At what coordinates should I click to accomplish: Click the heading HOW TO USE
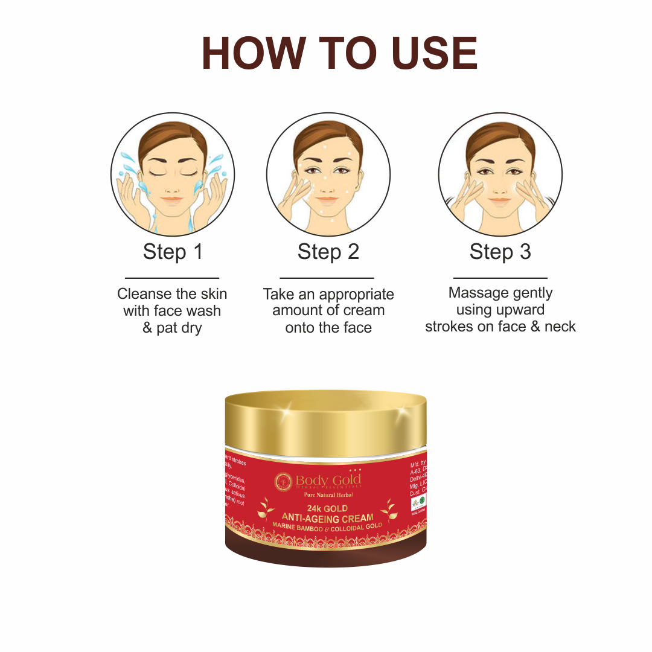click(x=339, y=54)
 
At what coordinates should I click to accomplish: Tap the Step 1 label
click(x=173, y=252)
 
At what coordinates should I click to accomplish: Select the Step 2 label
click(x=328, y=252)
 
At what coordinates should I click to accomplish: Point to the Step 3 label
click(x=500, y=252)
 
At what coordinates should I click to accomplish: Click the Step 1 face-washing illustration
click(x=173, y=175)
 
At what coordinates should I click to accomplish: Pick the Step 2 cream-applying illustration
click(x=328, y=175)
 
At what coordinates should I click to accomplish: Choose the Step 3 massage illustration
click(x=500, y=175)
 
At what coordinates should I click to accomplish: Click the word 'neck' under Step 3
click(x=560, y=327)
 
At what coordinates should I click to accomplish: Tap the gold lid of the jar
click(x=326, y=423)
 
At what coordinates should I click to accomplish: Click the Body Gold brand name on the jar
click(x=328, y=481)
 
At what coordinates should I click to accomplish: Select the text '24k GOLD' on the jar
click(x=327, y=509)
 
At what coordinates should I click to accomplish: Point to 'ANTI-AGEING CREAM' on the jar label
click(x=327, y=518)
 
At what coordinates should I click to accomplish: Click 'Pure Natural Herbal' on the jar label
click(x=327, y=496)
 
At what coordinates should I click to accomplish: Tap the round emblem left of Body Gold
click(x=283, y=481)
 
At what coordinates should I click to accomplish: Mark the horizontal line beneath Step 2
click(x=327, y=278)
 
